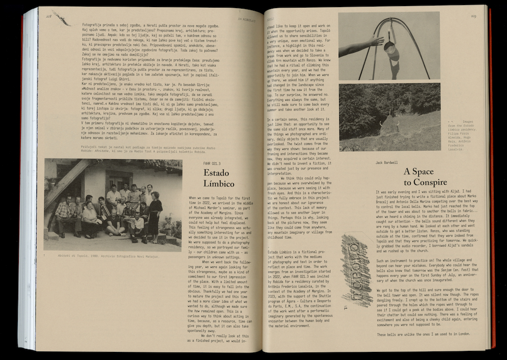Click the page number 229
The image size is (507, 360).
[473, 16]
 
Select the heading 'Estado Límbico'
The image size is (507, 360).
[219, 178]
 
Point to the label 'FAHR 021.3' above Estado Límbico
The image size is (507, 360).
[212, 163]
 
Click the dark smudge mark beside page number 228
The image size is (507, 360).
[62, 19]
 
